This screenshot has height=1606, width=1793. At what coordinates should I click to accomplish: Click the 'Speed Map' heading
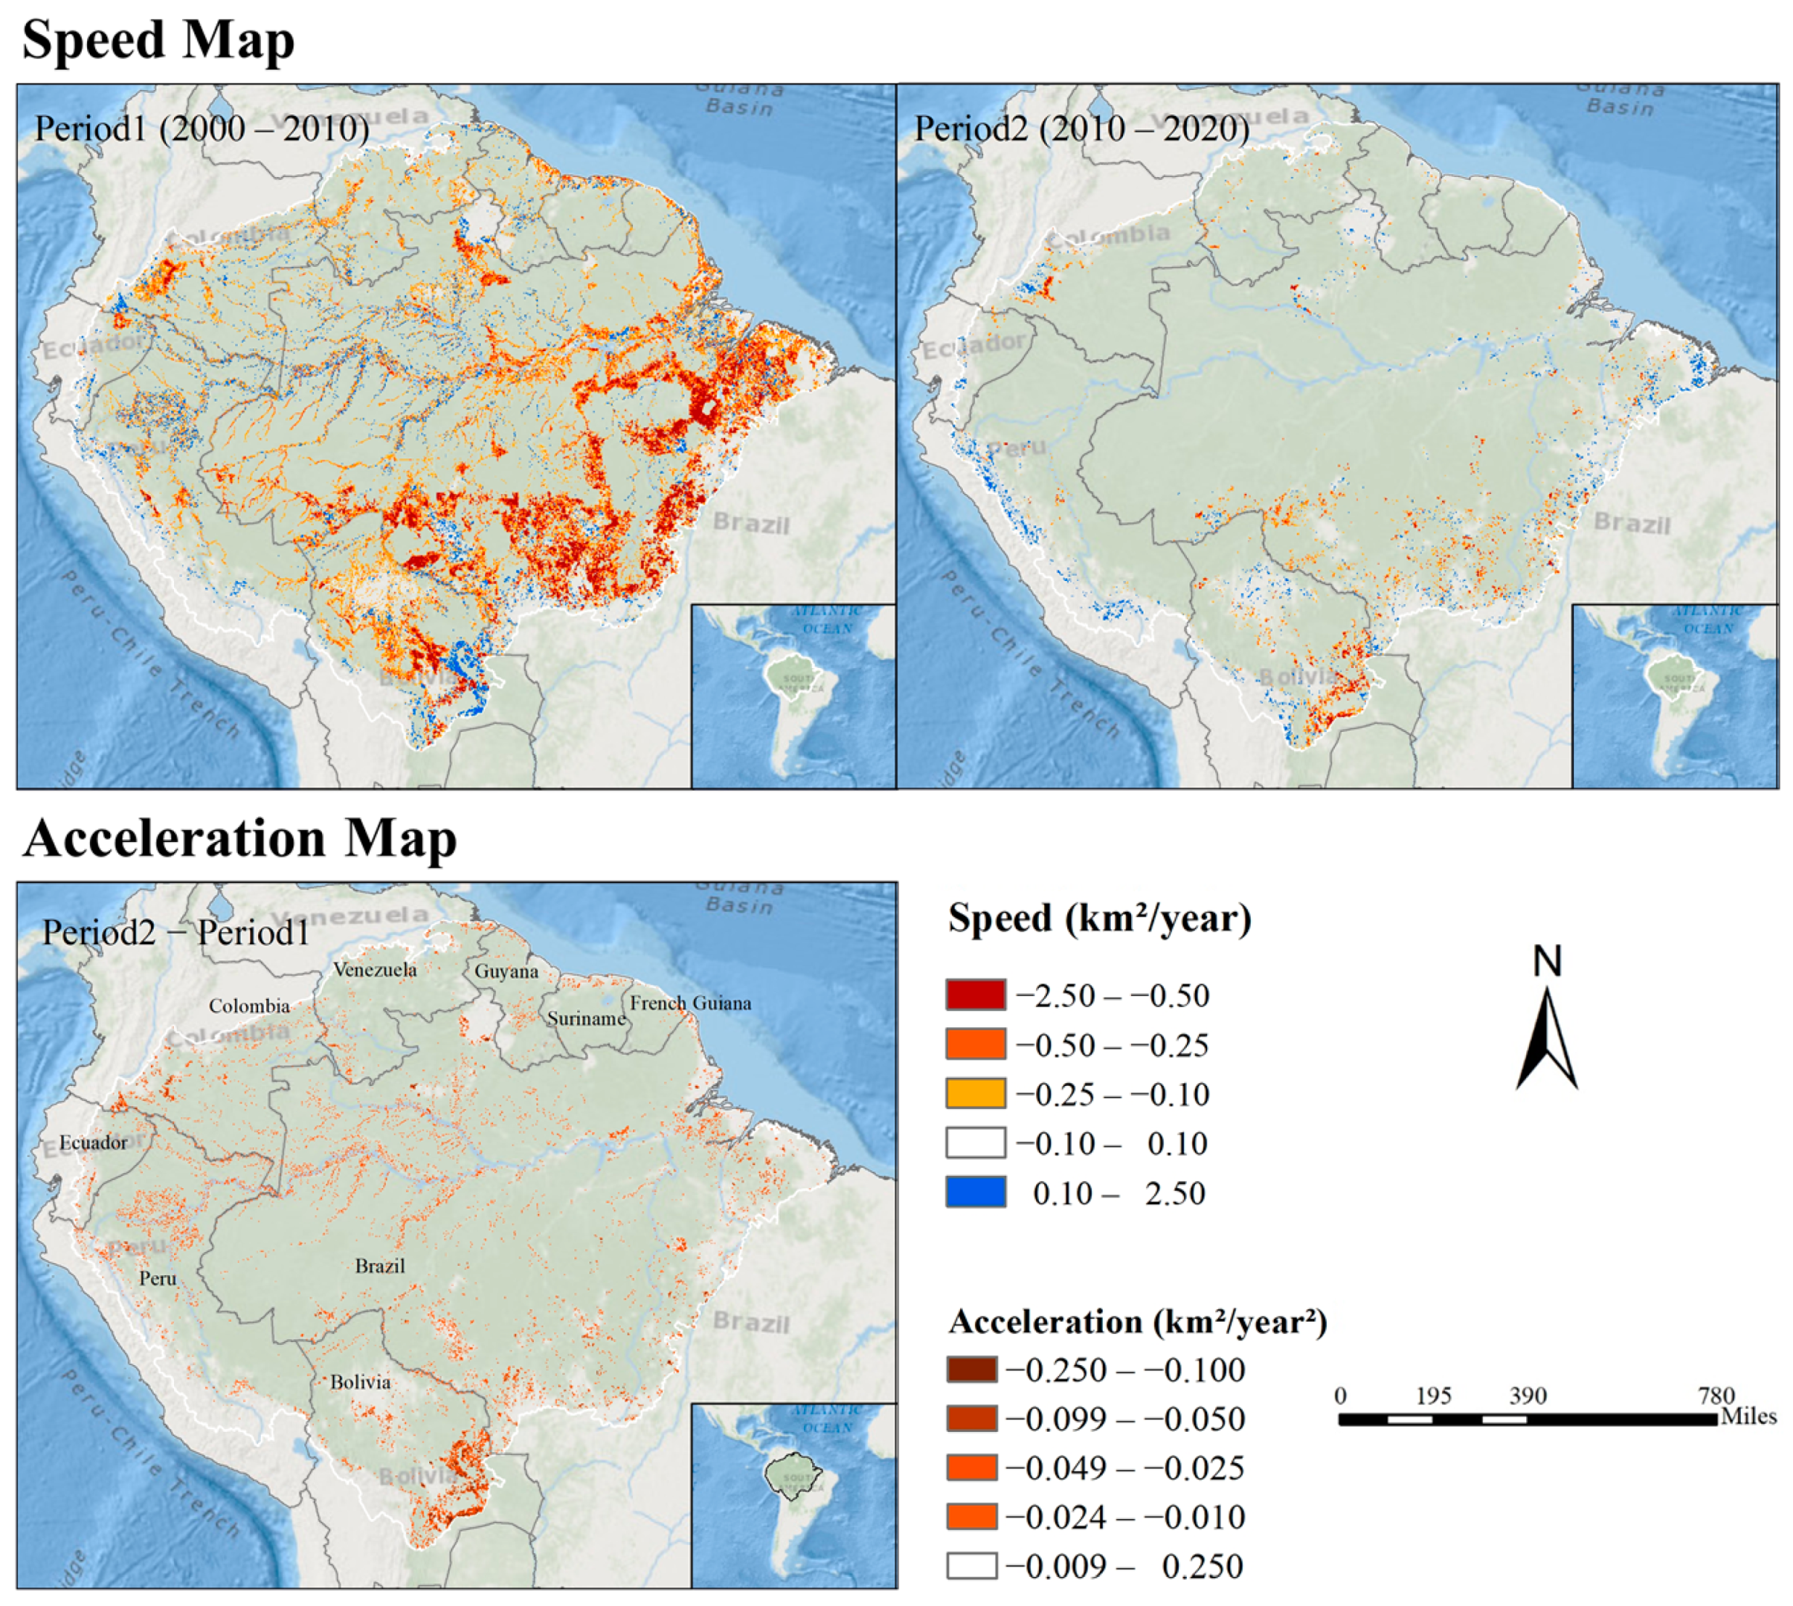[x=158, y=41]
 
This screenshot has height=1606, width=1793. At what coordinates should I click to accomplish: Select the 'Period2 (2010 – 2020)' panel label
[x=1081, y=129]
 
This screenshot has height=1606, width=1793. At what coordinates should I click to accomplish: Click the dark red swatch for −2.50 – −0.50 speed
[x=974, y=995]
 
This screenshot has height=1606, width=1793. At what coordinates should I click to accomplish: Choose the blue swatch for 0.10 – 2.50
[x=974, y=1192]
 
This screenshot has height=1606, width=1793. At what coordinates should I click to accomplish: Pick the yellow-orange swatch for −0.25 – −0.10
[x=974, y=1093]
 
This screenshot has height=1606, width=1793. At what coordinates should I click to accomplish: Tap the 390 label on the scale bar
[x=1527, y=1396]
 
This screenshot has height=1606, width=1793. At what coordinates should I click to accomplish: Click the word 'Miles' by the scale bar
[x=1748, y=1416]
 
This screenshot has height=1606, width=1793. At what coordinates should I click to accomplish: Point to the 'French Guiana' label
[x=690, y=1003]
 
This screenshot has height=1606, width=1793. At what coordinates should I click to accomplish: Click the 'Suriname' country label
[x=586, y=1019]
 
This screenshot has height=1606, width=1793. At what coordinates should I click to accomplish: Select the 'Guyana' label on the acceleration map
[x=506, y=971]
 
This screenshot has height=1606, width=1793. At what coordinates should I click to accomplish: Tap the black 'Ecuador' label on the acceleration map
[x=94, y=1142]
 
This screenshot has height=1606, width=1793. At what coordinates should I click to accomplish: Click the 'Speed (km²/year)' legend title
[x=1099, y=918]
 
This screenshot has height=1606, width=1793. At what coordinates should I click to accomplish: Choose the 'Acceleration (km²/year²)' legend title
[x=1137, y=1322]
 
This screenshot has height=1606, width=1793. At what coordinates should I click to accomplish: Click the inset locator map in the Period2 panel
[x=1674, y=696]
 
